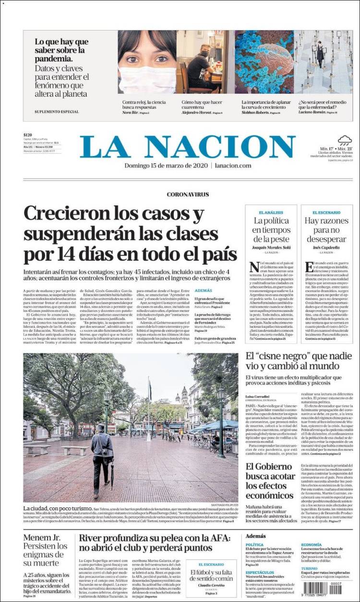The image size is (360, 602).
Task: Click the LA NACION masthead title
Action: (x=188, y=146)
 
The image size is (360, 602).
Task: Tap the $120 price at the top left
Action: (x=27, y=135)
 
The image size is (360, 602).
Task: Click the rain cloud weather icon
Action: (x=344, y=141)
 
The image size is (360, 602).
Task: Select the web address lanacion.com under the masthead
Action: (x=233, y=166)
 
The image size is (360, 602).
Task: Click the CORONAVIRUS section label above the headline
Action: (x=188, y=194)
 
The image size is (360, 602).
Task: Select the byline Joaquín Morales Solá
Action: (x=272, y=248)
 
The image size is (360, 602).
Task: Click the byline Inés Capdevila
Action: (x=326, y=248)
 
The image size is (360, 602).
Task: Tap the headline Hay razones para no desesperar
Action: (x=326, y=229)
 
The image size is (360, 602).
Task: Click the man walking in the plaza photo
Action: (x=102, y=456)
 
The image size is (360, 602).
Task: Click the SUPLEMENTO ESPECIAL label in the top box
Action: (x=57, y=112)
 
